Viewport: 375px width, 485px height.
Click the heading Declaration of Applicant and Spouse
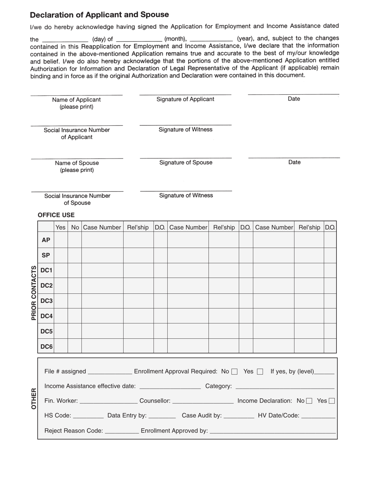point(99,15)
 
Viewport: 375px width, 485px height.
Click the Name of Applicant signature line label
point(76,103)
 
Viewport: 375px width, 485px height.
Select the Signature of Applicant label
point(185,99)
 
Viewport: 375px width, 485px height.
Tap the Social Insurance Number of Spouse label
point(77,199)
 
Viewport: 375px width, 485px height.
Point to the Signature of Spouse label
point(186,162)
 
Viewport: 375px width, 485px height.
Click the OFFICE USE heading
point(56,215)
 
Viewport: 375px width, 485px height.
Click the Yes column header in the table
point(60,227)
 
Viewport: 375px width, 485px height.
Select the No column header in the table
point(75,227)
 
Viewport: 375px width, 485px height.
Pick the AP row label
point(46,240)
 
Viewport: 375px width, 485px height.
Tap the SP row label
point(46,255)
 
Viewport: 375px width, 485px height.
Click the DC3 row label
point(46,301)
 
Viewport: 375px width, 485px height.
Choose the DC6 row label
point(46,347)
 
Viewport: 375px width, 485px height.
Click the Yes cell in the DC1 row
point(60,270)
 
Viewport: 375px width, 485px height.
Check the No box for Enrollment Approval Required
point(234,371)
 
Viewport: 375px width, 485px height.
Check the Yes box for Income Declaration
point(332,401)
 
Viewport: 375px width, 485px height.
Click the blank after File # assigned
point(110,371)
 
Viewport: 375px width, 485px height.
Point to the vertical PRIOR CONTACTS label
point(34,293)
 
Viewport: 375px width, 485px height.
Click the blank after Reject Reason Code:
point(122,431)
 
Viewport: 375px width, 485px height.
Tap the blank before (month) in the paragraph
point(139,39)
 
